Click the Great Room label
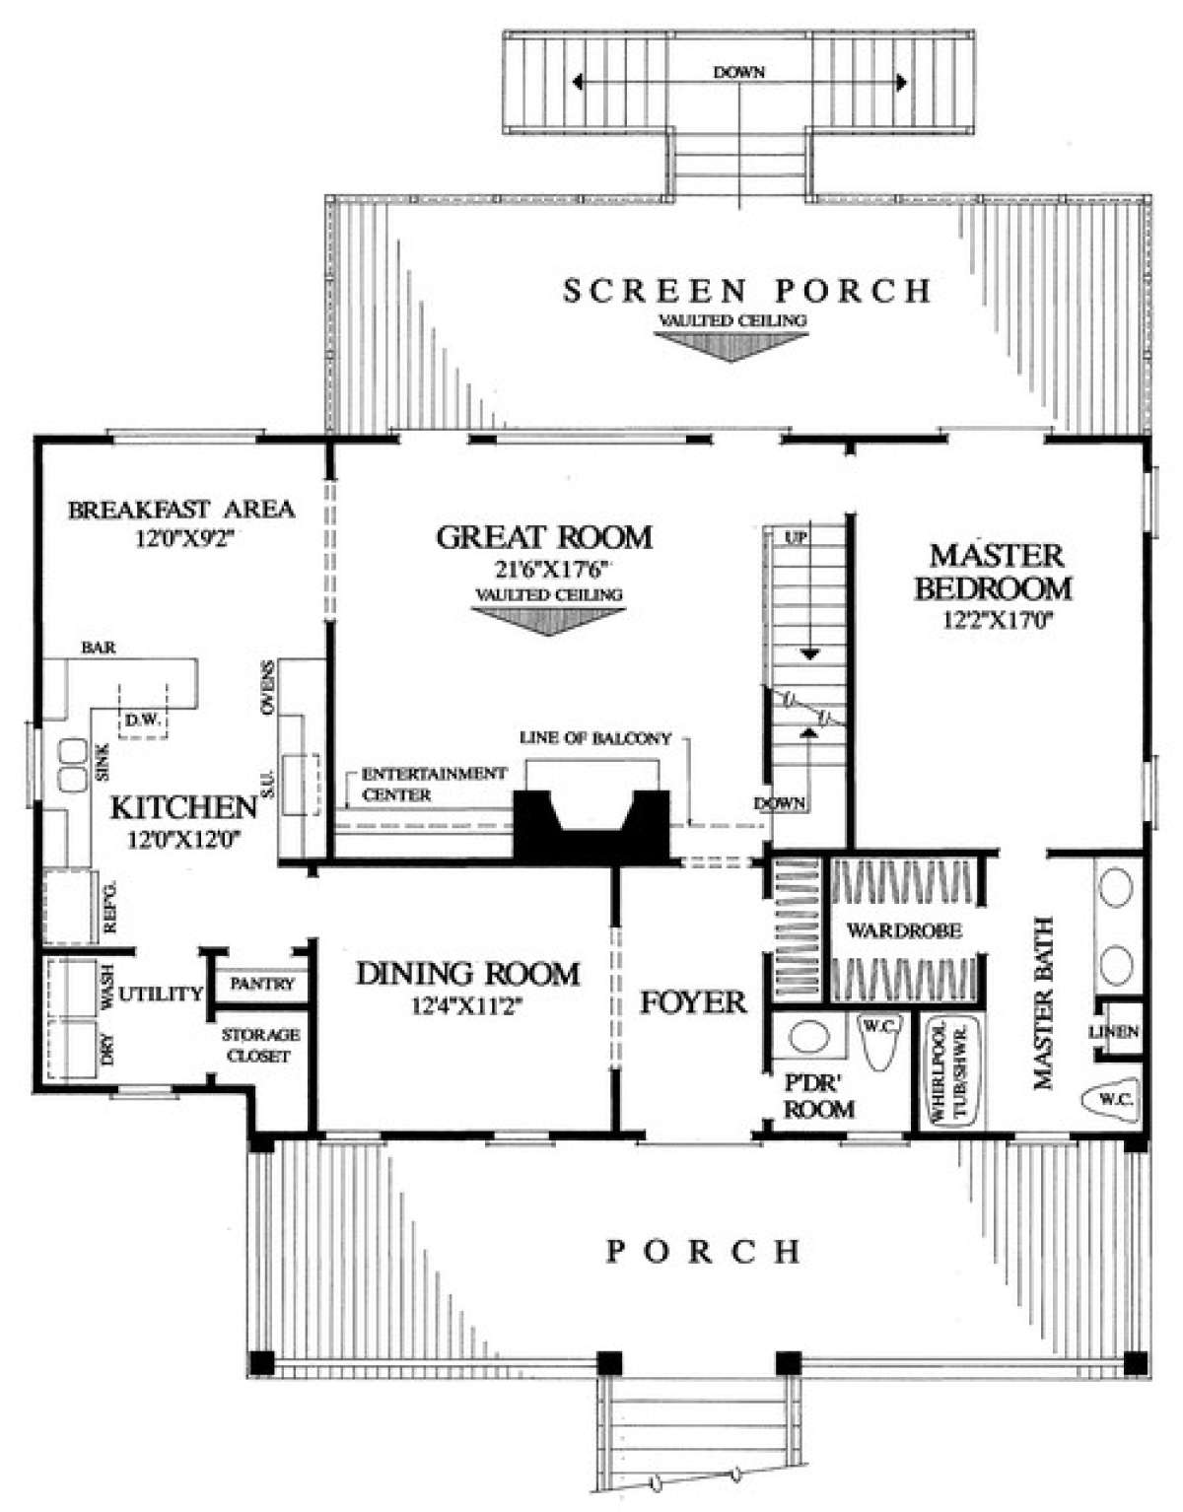click(x=545, y=537)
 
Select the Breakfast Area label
click(x=181, y=510)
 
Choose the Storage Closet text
click(x=260, y=1045)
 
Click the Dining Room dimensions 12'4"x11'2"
click(x=467, y=1007)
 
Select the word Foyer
click(x=693, y=1002)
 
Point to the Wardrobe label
click(x=905, y=930)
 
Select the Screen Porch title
click(x=746, y=291)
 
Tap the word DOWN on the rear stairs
click(x=739, y=72)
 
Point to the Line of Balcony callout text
click(x=595, y=738)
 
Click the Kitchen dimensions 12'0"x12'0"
click(x=183, y=841)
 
